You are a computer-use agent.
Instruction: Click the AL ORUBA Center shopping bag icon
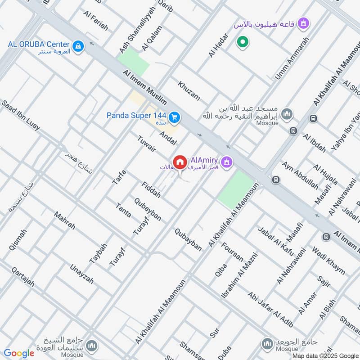tap(78, 46)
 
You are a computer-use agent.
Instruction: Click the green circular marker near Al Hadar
tap(243, 43)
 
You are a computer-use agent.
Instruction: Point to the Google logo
tap(19, 353)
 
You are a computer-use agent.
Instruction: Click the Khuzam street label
tap(189, 90)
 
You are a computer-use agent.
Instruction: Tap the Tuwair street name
tap(148, 144)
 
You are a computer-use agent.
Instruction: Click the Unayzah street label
tap(81, 274)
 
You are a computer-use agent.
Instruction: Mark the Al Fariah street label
tap(96, 21)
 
